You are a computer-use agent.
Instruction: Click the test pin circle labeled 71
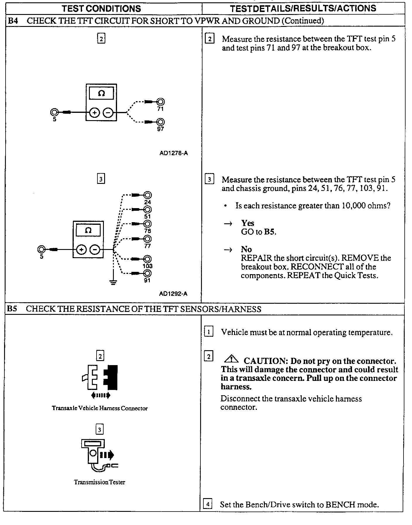tap(160, 102)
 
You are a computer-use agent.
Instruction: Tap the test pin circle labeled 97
tap(160, 122)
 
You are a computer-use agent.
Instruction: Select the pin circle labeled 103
tap(148, 259)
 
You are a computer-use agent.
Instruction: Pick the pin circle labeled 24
tap(148, 195)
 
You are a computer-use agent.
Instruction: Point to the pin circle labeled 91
tap(148, 273)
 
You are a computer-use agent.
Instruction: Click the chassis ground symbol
tap(113, 282)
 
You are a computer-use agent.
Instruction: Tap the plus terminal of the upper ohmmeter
tap(95, 113)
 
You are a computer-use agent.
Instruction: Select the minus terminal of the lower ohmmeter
tap(95, 250)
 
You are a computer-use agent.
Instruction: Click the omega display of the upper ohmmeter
tap(101, 94)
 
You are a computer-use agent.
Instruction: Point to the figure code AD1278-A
tap(174, 153)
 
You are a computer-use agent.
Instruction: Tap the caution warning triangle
tap(232, 358)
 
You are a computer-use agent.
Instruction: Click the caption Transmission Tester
tap(99, 482)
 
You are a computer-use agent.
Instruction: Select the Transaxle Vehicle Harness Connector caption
tap(100, 408)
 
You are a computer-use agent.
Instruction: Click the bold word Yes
tap(248, 223)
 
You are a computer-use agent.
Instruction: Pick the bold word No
tap(246, 249)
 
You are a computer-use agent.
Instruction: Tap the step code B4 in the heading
tap(13, 21)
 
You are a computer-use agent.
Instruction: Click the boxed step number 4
tap(207, 504)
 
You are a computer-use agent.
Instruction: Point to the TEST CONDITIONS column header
tap(101, 8)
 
